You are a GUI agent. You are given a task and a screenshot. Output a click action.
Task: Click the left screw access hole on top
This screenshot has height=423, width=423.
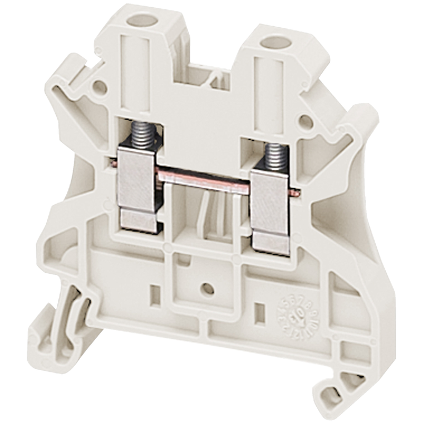coord(138,21)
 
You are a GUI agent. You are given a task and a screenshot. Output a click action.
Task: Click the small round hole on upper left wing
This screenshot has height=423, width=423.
coord(99,87)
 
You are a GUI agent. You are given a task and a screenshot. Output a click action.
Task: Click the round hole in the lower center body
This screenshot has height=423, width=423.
coord(207,288)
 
